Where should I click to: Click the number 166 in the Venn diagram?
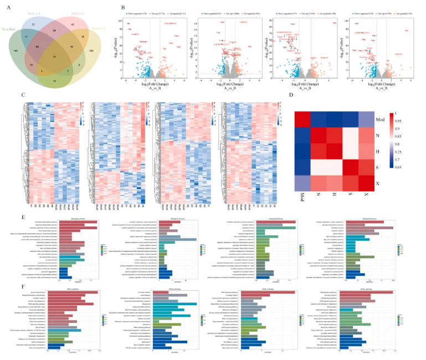pos(16,50)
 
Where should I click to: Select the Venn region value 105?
pos(91,52)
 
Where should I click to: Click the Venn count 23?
pos(34,25)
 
